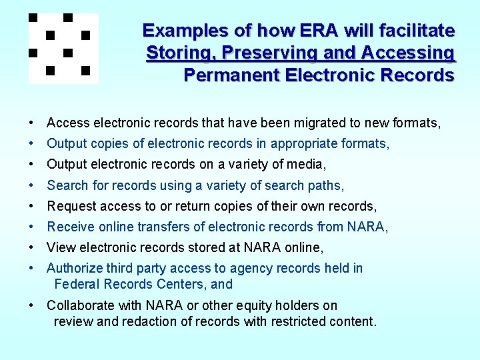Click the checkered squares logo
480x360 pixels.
coord(63,48)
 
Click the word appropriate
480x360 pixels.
coord(301,143)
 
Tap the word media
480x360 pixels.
coord(306,164)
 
